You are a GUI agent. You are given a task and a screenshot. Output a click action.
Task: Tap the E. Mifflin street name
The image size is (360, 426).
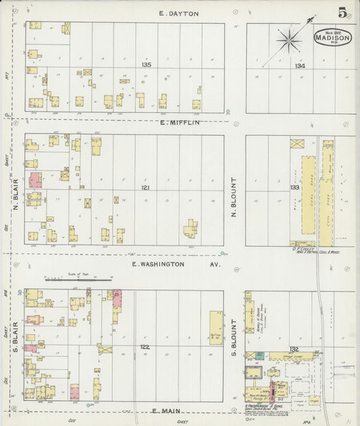(180, 123)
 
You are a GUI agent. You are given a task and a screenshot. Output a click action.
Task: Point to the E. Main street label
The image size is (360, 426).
(165, 410)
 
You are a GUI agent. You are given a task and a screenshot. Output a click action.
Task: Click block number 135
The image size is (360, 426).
(147, 65)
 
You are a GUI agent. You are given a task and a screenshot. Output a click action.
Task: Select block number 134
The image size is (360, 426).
(300, 66)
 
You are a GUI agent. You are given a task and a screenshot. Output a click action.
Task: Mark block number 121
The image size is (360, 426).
(145, 187)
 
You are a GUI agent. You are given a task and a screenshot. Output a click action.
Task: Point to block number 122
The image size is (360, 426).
(145, 347)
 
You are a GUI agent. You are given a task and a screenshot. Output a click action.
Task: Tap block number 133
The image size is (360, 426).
(294, 187)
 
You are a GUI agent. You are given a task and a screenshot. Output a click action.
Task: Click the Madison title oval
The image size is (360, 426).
(332, 38)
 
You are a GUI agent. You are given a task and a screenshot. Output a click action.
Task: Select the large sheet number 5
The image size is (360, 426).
(343, 12)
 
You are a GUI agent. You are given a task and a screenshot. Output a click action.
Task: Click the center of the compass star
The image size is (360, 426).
(289, 41)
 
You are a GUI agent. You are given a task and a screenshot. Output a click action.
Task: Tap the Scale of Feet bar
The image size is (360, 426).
(69, 279)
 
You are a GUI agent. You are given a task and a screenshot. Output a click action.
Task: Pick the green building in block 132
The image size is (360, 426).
(259, 354)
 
